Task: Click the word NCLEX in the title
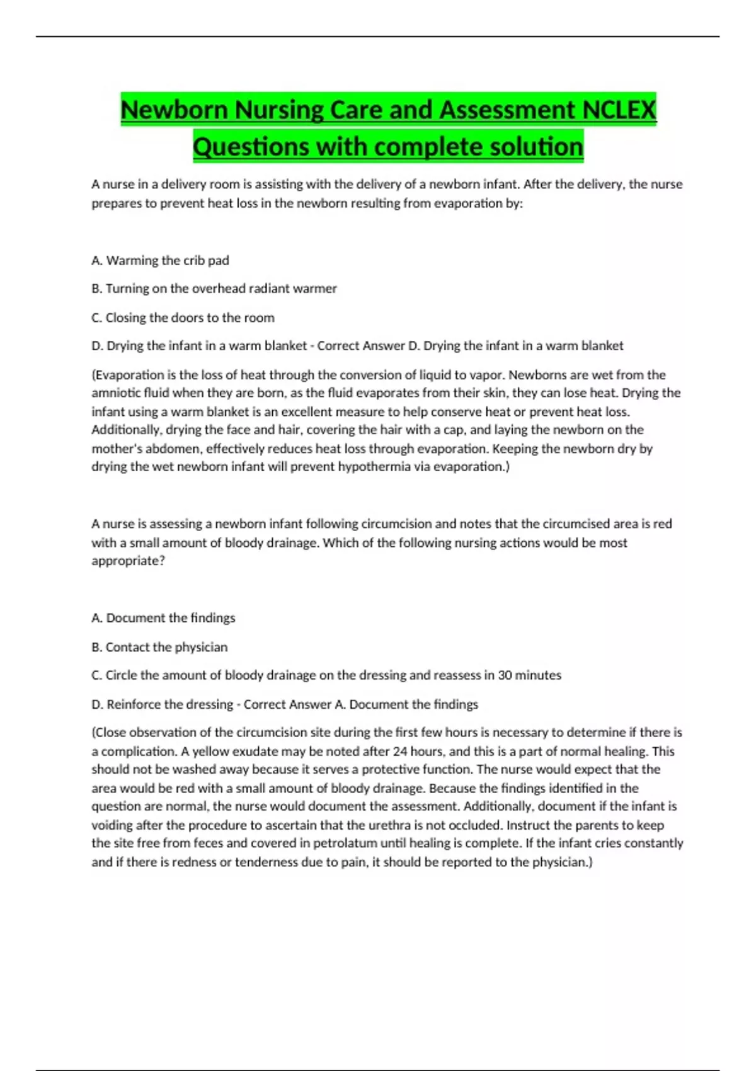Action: pos(619,110)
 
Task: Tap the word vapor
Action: pos(485,375)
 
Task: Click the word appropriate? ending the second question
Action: pos(128,561)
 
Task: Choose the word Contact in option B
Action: pos(127,647)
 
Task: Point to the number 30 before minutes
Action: pos(505,675)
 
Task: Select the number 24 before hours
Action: pos(400,751)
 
